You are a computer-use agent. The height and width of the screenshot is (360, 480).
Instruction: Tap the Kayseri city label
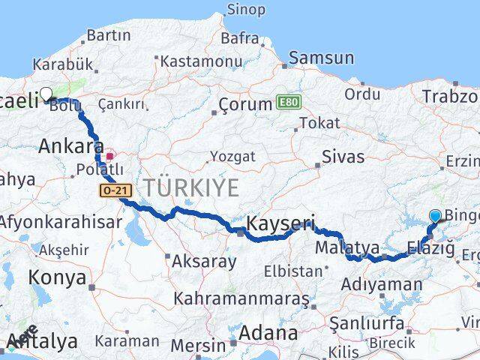[x=280, y=223]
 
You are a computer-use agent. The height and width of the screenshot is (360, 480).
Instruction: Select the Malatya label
[x=347, y=247]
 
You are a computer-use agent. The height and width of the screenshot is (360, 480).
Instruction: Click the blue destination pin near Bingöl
[x=436, y=216]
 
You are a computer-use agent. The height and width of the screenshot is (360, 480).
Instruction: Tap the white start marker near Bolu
[x=46, y=94]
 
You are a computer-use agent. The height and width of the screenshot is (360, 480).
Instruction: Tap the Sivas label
[x=343, y=157]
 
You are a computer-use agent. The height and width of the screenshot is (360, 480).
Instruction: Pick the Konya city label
[x=57, y=277]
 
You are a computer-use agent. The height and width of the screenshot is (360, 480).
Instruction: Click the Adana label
[x=268, y=332]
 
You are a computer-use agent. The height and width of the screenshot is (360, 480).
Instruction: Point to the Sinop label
[x=246, y=10]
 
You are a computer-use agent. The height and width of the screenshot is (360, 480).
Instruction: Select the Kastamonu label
[x=200, y=61]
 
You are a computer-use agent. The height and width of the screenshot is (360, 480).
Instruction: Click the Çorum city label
[x=244, y=104]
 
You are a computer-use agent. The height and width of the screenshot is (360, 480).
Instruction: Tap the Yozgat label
[x=232, y=156]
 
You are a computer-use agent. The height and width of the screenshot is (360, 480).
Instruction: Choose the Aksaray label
[x=204, y=262]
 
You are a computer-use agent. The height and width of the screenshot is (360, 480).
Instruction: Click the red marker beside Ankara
[x=110, y=157]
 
